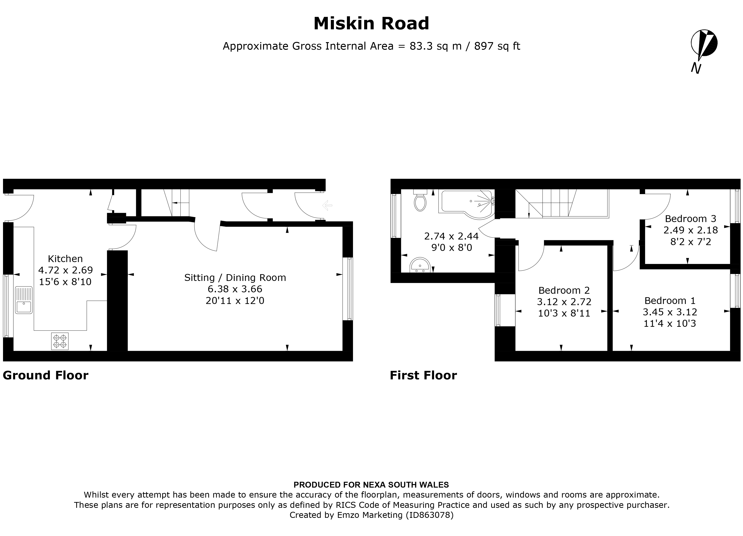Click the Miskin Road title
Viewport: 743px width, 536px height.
coord(371,24)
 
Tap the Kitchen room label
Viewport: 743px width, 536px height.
coord(65,259)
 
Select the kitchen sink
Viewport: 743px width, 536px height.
coord(24,300)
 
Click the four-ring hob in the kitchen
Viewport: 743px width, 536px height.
coord(60,341)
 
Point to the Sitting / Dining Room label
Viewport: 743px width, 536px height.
coord(235,277)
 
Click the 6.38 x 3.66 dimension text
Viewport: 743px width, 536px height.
coord(235,289)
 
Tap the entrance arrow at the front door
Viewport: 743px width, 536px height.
coord(327,206)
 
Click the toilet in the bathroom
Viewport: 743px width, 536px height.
coord(420,200)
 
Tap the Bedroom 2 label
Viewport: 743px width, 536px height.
coord(564,290)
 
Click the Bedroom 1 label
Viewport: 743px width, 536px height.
coord(670,300)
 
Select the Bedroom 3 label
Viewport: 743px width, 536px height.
coord(691,219)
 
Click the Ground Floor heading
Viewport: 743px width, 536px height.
coord(45,375)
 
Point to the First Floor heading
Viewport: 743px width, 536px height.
coord(423,375)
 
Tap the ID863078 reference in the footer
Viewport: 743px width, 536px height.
coord(429,515)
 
